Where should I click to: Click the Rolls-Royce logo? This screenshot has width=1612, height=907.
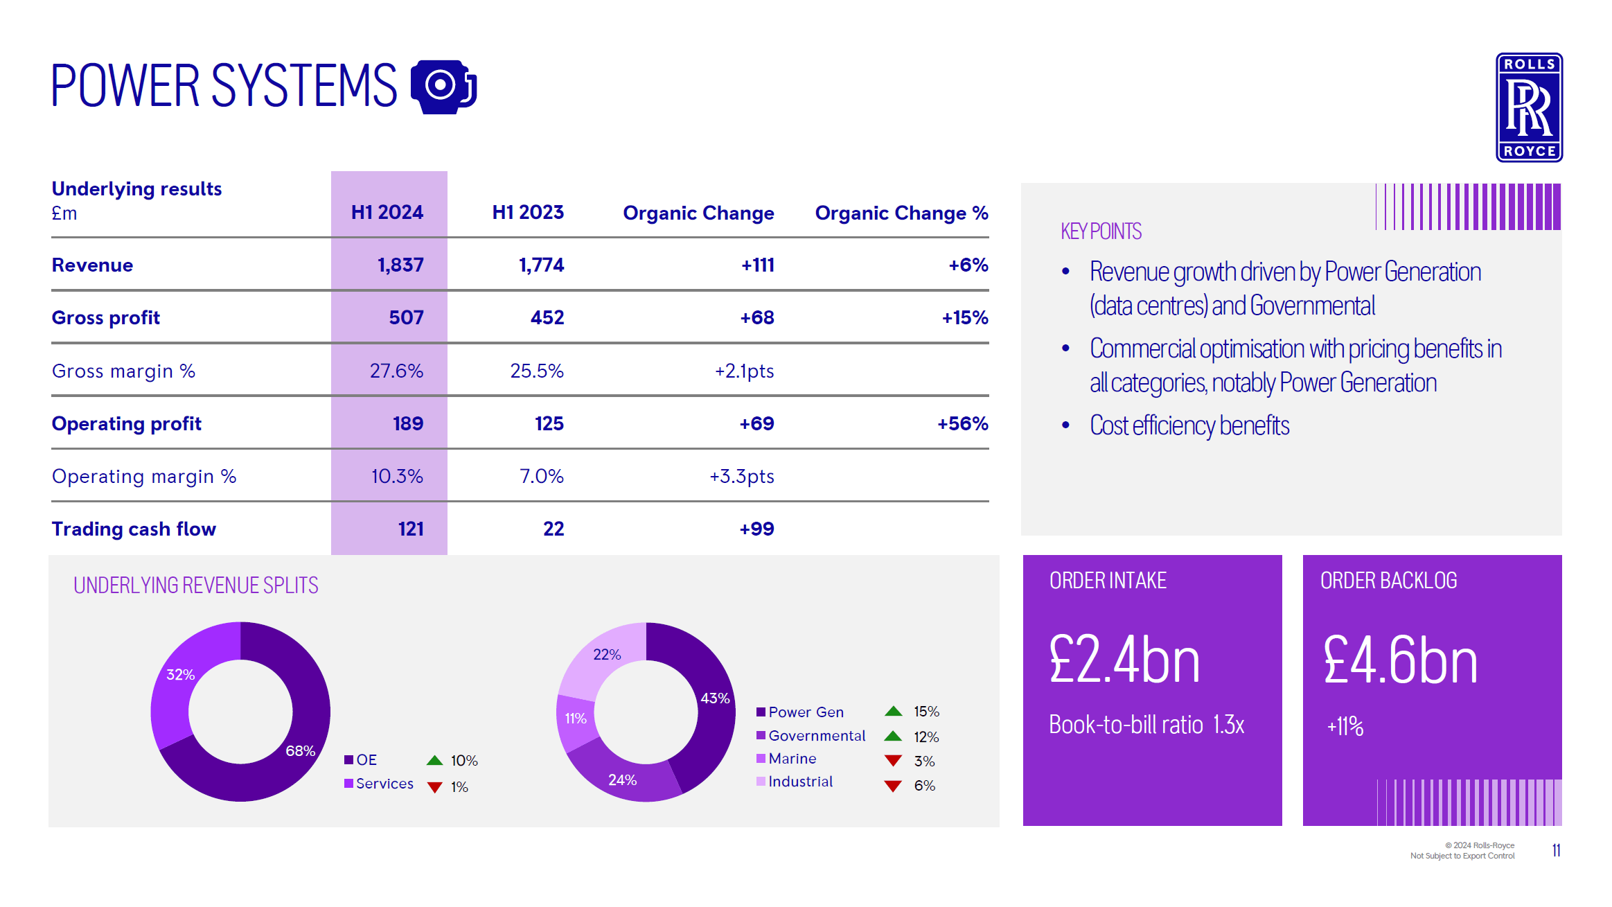pyautogui.click(x=1528, y=107)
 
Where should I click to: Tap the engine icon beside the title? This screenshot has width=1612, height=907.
pyautogui.click(x=443, y=87)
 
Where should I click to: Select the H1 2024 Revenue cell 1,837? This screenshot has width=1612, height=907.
pyautogui.click(x=400, y=265)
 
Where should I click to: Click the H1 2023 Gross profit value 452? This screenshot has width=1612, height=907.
pyautogui.click(x=547, y=317)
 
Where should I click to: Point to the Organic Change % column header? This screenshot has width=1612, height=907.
pyautogui.click(x=901, y=213)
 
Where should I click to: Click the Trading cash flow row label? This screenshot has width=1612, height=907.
pyautogui.click(x=134, y=529)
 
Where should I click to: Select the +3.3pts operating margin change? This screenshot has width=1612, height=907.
pyautogui.click(x=741, y=476)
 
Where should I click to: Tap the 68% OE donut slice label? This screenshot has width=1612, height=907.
pyautogui.click(x=300, y=750)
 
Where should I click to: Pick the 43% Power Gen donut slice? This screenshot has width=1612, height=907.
pyautogui.click(x=714, y=698)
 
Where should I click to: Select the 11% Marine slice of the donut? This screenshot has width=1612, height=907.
pyautogui.click(x=575, y=719)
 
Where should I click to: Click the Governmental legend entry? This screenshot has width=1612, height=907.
pyautogui.click(x=816, y=735)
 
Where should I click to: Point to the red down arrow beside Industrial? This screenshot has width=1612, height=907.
pyautogui.click(x=893, y=786)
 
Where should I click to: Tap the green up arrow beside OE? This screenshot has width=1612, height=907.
pyautogui.click(x=434, y=760)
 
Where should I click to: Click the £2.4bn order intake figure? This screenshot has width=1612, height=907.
pyautogui.click(x=1124, y=660)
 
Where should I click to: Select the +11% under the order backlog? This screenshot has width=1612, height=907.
pyautogui.click(x=1345, y=726)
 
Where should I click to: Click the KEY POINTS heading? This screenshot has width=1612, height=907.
pyautogui.click(x=1100, y=231)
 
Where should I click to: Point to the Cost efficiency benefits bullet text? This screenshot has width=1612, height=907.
pyautogui.click(x=1189, y=425)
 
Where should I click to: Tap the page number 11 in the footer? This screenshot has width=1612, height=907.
pyautogui.click(x=1556, y=850)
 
